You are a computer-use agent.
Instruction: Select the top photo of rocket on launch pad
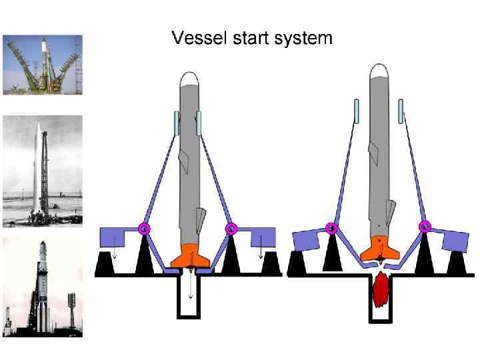[43, 65]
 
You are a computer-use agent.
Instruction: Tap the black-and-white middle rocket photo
[43, 171]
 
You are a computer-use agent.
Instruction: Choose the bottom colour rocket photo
[43, 286]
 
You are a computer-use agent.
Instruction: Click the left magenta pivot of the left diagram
[145, 229]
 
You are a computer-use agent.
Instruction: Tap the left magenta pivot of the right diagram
[331, 228]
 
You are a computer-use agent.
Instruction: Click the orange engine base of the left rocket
[190, 256]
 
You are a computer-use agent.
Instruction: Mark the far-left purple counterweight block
[111, 237]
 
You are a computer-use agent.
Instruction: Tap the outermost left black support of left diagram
[105, 265]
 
